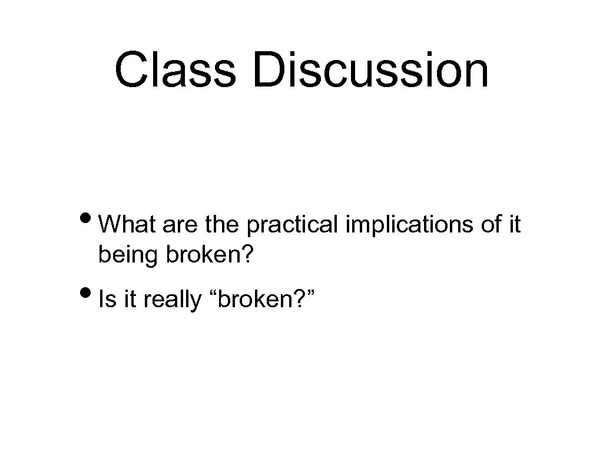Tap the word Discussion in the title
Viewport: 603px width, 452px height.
[371, 70]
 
